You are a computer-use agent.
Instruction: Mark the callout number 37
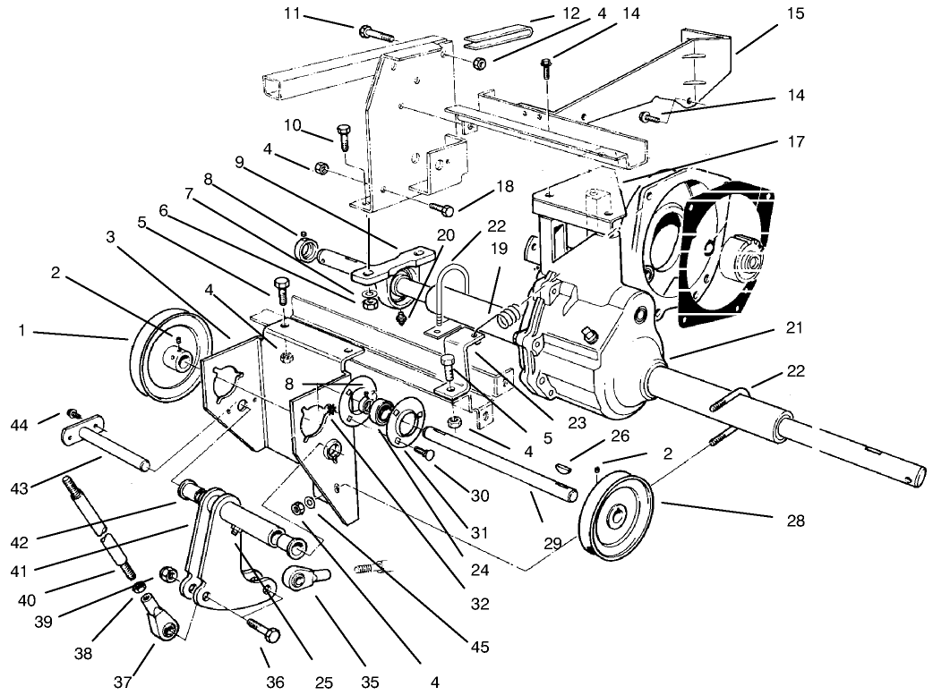(x=124, y=682)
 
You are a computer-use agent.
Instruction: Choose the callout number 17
(x=794, y=141)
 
